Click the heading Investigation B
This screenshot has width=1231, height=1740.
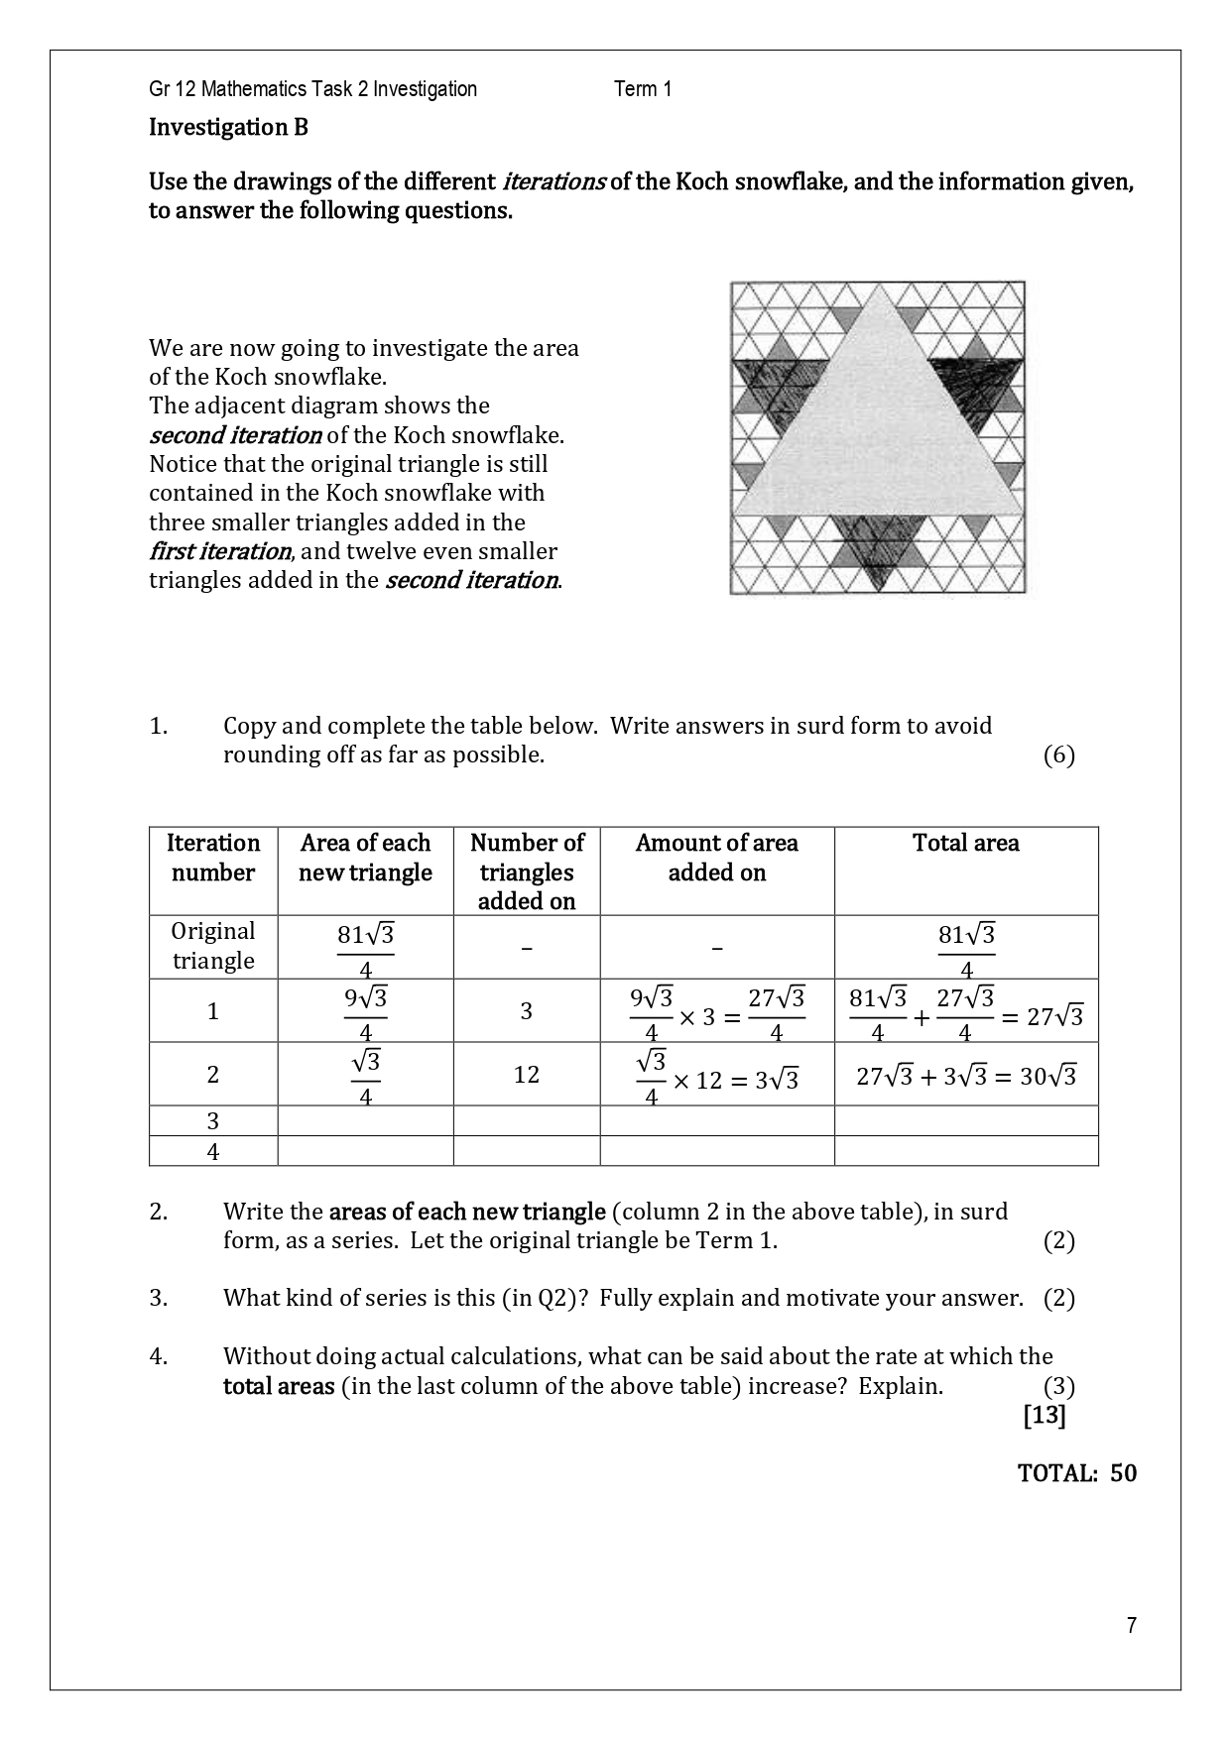[x=228, y=127]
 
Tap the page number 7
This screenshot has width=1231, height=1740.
[x=1132, y=1625]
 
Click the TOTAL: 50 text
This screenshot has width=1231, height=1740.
[x=1076, y=1472]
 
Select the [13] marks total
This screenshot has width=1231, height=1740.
[x=1044, y=1415]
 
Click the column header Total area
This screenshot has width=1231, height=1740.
[x=965, y=843]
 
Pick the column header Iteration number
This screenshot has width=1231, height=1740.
[x=213, y=858]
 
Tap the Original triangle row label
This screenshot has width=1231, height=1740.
[x=213, y=946]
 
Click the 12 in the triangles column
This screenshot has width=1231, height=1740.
[x=526, y=1075]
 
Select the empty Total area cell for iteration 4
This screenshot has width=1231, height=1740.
[x=965, y=1151]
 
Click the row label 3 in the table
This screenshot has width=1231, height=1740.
[x=213, y=1121]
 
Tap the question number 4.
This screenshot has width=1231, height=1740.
[x=159, y=1356]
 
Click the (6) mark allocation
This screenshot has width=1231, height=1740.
[x=1058, y=755]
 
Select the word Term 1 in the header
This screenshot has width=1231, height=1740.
[x=643, y=89]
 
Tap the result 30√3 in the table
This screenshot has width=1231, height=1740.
[x=1047, y=1077]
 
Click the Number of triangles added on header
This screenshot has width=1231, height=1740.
[x=526, y=871]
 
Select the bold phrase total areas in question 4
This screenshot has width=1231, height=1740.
[x=278, y=1386]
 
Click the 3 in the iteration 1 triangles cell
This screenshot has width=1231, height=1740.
[x=526, y=1011]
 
